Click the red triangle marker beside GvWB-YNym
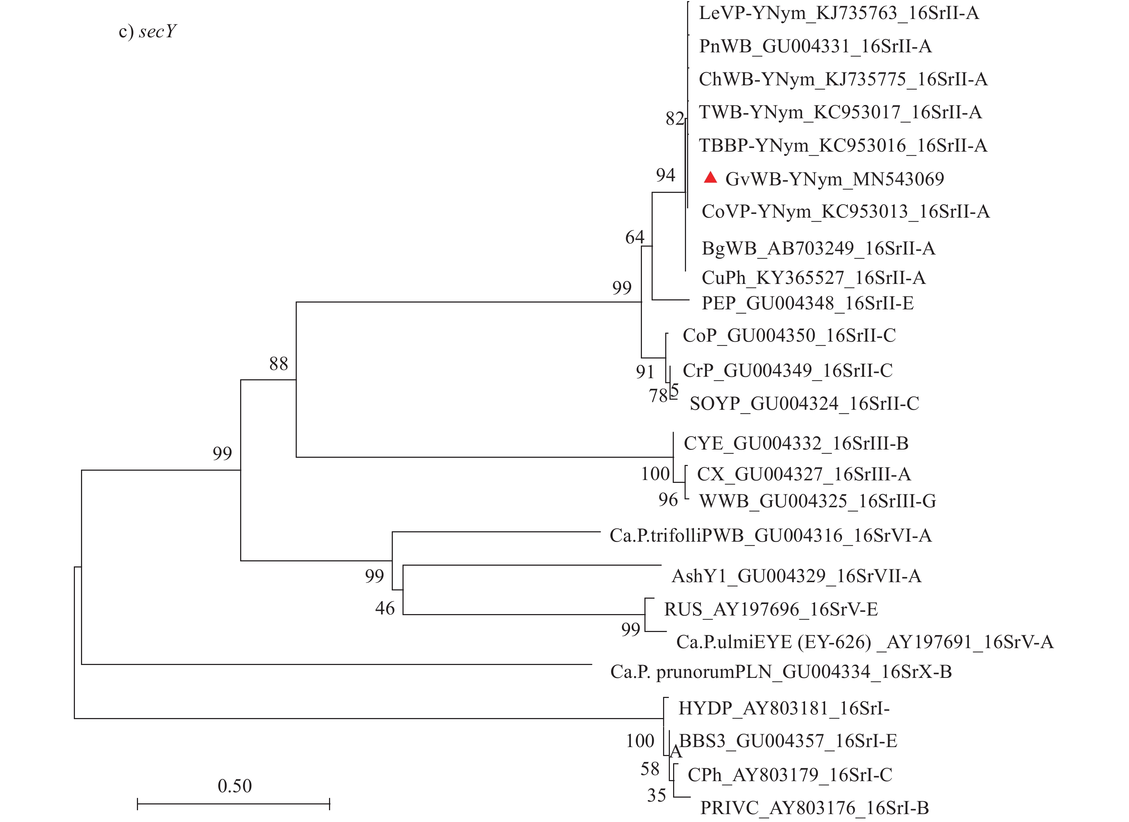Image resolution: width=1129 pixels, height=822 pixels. pos(710,178)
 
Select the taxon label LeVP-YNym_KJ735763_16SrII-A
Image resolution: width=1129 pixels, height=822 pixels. pos(839,13)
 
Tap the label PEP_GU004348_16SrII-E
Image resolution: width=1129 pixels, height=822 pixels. pos(808,303)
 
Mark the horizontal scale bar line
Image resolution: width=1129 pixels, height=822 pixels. pos(233,804)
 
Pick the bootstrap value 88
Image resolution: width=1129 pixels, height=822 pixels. pos(278,364)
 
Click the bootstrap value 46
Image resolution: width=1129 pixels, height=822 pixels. pos(385,608)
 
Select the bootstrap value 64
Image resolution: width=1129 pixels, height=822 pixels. pos(635,237)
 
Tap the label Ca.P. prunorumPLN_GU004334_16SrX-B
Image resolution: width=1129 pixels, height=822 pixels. pos(781,672)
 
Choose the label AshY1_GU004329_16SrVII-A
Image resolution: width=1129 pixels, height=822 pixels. pos(796,576)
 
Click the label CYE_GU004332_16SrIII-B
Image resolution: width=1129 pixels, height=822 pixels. pos(796,443)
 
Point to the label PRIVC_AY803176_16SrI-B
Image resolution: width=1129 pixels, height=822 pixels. pos(814,808)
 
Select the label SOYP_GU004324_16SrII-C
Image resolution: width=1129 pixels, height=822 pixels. pos(804,404)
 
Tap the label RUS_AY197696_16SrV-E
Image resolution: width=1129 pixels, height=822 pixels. pos(771,609)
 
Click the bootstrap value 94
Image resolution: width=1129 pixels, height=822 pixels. pos(666,175)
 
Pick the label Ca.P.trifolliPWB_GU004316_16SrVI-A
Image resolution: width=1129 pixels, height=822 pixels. pos(770,536)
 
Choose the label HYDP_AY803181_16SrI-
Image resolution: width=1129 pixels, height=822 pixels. pos(783,708)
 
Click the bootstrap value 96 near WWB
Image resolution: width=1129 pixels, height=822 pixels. pos(668,500)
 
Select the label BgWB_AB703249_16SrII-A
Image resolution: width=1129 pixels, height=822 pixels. pos(818,248)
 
